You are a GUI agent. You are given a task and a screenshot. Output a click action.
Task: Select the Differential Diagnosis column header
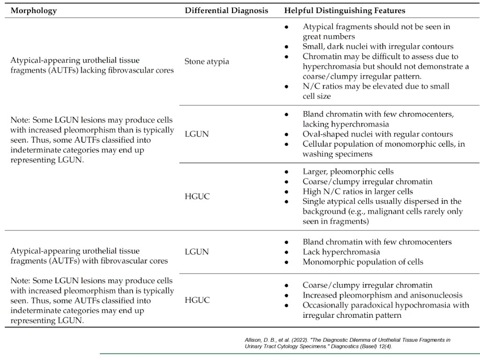226,10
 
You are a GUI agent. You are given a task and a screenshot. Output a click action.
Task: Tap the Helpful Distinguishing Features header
345,10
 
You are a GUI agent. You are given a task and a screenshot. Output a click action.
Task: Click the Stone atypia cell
207,61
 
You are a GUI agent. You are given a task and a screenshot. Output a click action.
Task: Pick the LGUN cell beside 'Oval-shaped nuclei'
196,134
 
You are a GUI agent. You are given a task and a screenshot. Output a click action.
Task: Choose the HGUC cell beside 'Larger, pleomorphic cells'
197,196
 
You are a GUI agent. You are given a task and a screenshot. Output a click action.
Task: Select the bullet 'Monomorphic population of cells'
363,262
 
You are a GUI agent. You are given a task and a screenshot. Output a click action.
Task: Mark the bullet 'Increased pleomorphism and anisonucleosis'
382,295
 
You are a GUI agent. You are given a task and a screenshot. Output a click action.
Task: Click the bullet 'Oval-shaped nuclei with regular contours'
378,134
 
